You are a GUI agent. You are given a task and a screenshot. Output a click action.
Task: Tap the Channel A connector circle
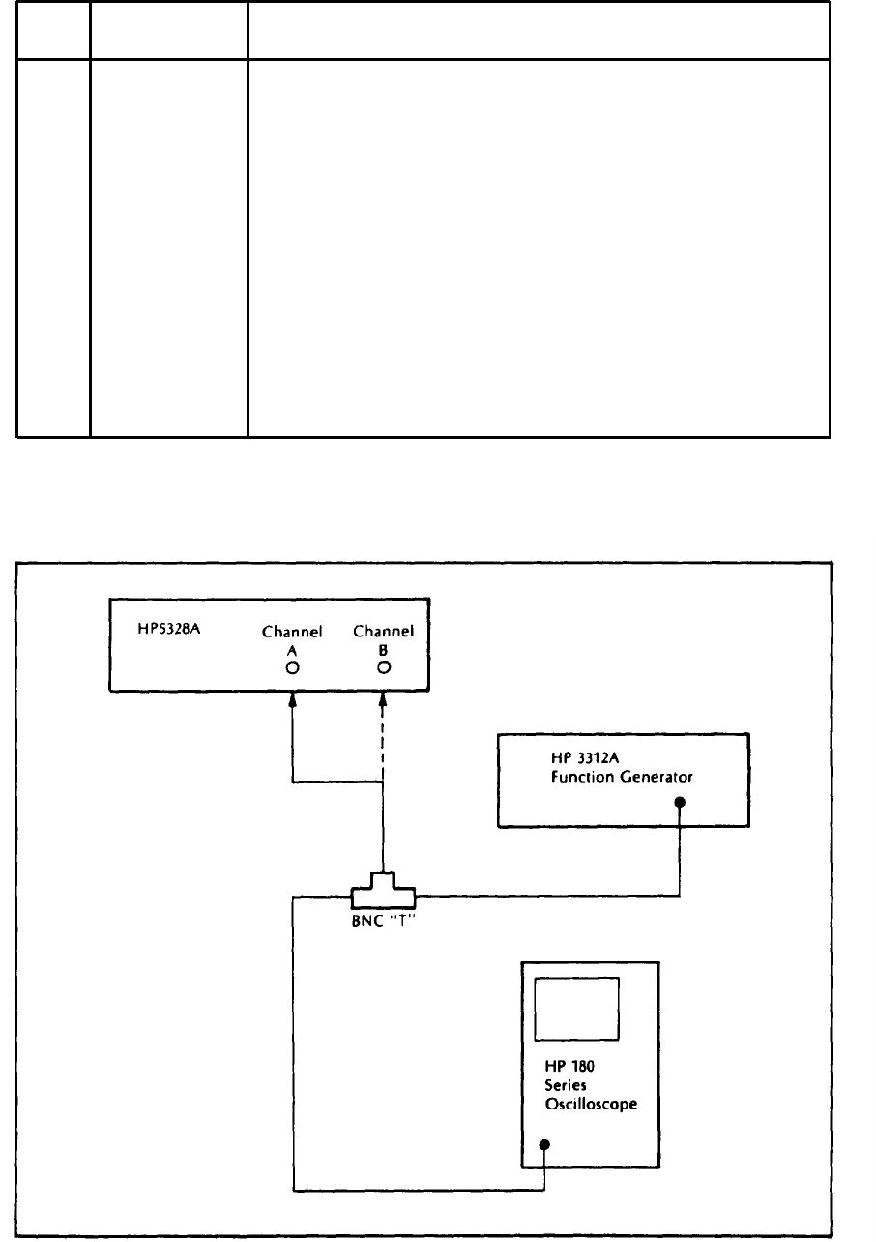coord(291,667)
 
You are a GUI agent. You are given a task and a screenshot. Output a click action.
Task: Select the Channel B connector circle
coord(383,667)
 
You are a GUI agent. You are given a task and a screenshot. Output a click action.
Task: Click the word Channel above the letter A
coord(291,632)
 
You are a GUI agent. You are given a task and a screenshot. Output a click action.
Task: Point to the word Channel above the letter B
coord(383,632)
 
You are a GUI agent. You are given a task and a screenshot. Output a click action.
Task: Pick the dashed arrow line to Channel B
coord(383,774)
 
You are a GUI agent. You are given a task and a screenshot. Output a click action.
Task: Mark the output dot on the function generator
coord(680,802)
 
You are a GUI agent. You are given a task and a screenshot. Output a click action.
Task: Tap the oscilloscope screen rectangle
coord(577,1008)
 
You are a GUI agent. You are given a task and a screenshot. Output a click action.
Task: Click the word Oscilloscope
coord(591,1105)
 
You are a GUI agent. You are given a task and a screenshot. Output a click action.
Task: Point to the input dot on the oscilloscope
coord(544,1145)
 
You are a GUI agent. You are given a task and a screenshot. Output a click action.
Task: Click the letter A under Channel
coord(291,651)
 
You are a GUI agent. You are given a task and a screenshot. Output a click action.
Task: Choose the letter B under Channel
coord(383,651)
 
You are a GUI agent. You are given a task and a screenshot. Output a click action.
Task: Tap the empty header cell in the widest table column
coord(539,31)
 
